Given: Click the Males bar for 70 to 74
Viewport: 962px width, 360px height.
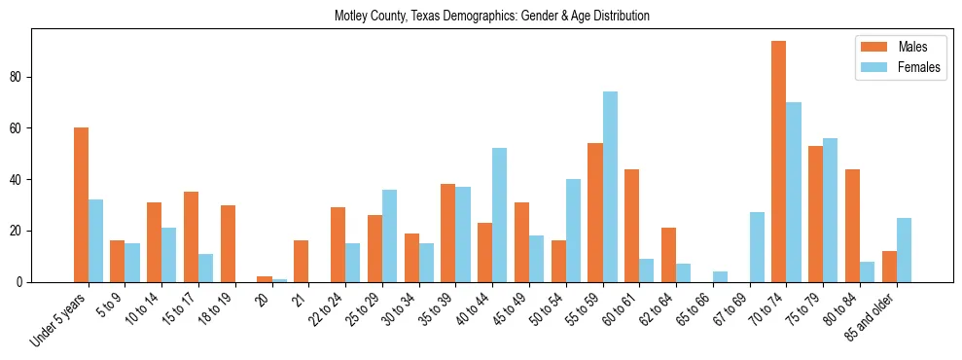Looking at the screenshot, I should tap(778, 162).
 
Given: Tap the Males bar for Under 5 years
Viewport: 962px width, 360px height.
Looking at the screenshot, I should tap(81, 204).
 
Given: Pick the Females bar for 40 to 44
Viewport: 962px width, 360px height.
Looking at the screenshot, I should tap(499, 215).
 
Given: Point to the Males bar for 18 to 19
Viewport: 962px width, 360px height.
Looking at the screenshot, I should tap(228, 243).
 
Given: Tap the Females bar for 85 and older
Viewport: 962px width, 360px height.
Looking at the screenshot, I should tap(904, 250).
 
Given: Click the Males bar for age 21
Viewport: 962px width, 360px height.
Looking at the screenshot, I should tap(301, 262).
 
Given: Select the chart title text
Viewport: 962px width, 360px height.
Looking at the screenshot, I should tap(491, 16).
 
